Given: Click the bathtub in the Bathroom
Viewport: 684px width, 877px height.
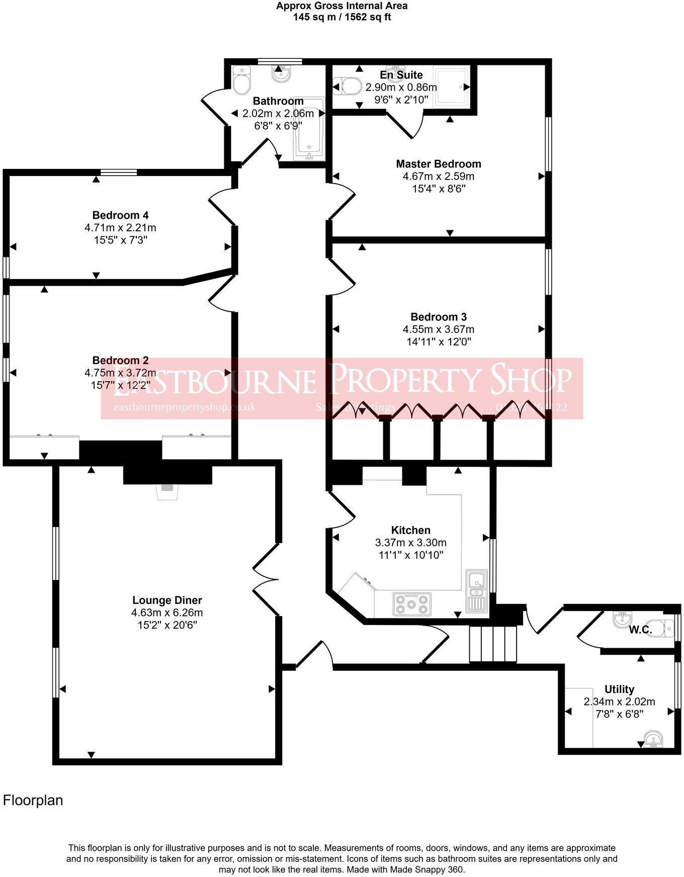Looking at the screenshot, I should pyautogui.click(x=309, y=129).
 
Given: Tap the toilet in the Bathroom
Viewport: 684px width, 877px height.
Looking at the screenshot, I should pyautogui.click(x=241, y=80).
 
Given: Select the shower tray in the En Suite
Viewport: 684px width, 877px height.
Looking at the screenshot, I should pyautogui.click(x=452, y=87).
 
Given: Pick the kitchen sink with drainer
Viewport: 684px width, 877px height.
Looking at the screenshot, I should pyautogui.click(x=476, y=590).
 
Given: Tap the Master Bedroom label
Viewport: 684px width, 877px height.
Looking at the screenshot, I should pyautogui.click(x=438, y=164).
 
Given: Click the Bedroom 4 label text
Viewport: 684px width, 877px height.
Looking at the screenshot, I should pyautogui.click(x=120, y=215).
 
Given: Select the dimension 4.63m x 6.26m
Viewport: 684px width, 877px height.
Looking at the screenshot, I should pyautogui.click(x=166, y=612).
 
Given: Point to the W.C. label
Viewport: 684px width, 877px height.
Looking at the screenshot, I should pyautogui.click(x=640, y=630).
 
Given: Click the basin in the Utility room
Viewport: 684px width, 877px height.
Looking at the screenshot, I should pyautogui.click(x=653, y=740).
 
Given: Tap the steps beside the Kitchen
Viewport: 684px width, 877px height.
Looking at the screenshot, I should pyautogui.click(x=493, y=644).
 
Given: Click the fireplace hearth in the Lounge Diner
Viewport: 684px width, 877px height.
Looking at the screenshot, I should pyautogui.click(x=167, y=491).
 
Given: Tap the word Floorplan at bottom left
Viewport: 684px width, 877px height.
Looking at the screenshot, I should pyautogui.click(x=33, y=800).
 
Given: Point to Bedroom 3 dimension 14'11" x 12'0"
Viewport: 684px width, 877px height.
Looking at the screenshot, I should pyautogui.click(x=438, y=342).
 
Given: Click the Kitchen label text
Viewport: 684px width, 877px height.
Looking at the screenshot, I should pyautogui.click(x=410, y=530).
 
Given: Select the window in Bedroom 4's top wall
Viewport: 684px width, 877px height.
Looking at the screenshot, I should pyautogui.click(x=119, y=172).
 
